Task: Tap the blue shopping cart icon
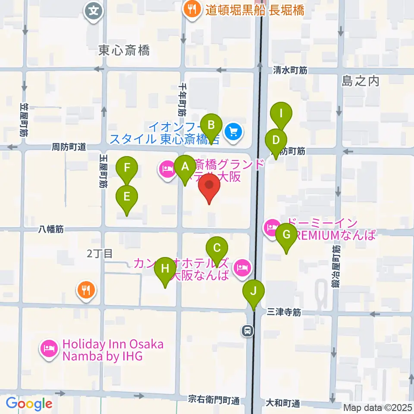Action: [233, 130]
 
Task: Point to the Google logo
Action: [29, 404]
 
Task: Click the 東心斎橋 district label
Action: [124, 51]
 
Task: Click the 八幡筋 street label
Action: [51, 229]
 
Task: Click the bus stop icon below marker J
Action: [248, 331]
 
